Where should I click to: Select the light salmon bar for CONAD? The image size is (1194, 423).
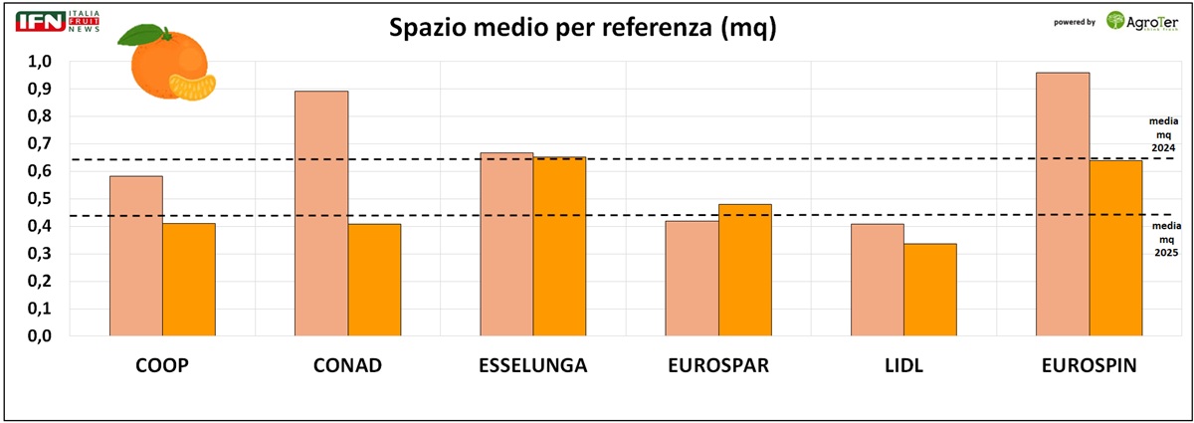(321, 213)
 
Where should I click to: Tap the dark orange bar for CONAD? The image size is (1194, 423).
(374, 280)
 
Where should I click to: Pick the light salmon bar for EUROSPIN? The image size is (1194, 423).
(1063, 204)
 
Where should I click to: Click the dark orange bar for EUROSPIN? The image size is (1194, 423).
(1115, 248)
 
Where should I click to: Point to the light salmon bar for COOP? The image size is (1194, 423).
(136, 256)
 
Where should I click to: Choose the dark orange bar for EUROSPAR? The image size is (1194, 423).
(745, 270)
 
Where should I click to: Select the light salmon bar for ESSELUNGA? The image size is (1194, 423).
(506, 244)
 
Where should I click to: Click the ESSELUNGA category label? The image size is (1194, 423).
(532, 366)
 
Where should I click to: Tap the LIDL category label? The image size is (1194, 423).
(903, 366)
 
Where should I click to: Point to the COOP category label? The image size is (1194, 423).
(162, 366)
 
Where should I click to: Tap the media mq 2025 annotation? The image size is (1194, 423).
(1165, 240)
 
